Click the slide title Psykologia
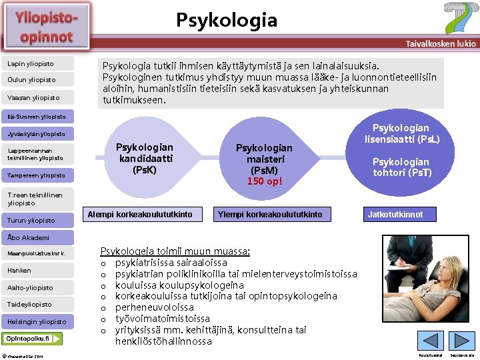(x=227, y=20)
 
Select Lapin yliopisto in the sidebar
(x=31, y=64)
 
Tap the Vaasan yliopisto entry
(x=33, y=98)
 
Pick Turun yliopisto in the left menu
(x=31, y=220)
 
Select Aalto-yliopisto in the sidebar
(x=31, y=287)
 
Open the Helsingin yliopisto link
(x=37, y=322)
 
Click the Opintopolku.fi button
(x=33, y=339)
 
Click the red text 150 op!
(x=265, y=181)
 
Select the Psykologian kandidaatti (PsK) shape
(x=144, y=159)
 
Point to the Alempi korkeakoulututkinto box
(x=140, y=215)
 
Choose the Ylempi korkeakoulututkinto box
(x=269, y=215)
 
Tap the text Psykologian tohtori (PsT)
(x=401, y=167)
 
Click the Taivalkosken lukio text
(x=441, y=43)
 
